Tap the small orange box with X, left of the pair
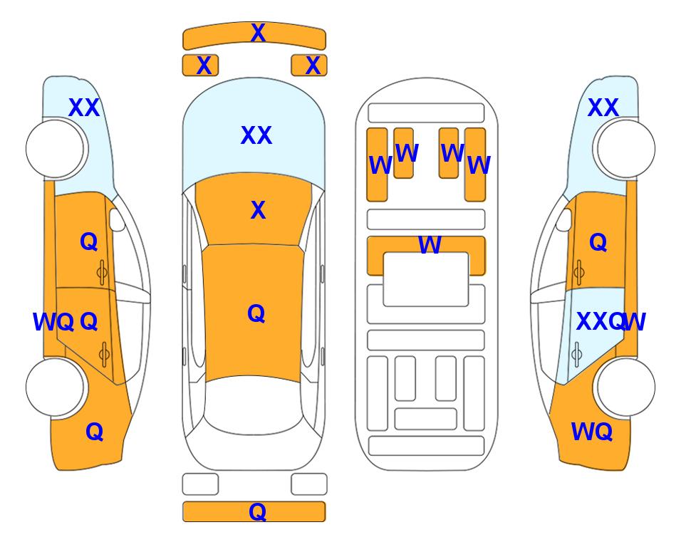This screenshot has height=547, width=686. (x=200, y=66)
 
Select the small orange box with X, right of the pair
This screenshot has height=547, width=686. (x=309, y=66)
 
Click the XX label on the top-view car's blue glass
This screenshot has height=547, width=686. (x=256, y=135)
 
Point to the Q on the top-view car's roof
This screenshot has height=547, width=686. (x=256, y=313)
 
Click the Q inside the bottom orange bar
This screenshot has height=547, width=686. (x=258, y=511)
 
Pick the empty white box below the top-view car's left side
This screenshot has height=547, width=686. (x=200, y=484)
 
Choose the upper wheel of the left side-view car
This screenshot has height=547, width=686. (x=55, y=149)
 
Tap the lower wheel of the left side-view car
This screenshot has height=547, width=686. (x=55, y=387)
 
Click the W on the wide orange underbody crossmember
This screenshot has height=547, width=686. (x=430, y=244)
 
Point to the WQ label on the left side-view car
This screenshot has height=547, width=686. (x=53, y=322)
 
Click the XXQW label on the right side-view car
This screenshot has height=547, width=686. (x=610, y=322)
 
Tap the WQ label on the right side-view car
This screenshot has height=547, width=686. (x=592, y=432)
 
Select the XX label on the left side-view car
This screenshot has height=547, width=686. (x=85, y=108)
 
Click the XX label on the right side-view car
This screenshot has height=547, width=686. (x=603, y=108)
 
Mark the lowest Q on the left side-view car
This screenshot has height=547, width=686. (x=95, y=432)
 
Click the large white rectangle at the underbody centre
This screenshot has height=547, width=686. (x=426, y=279)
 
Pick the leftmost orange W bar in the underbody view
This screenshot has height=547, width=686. (x=377, y=165)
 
